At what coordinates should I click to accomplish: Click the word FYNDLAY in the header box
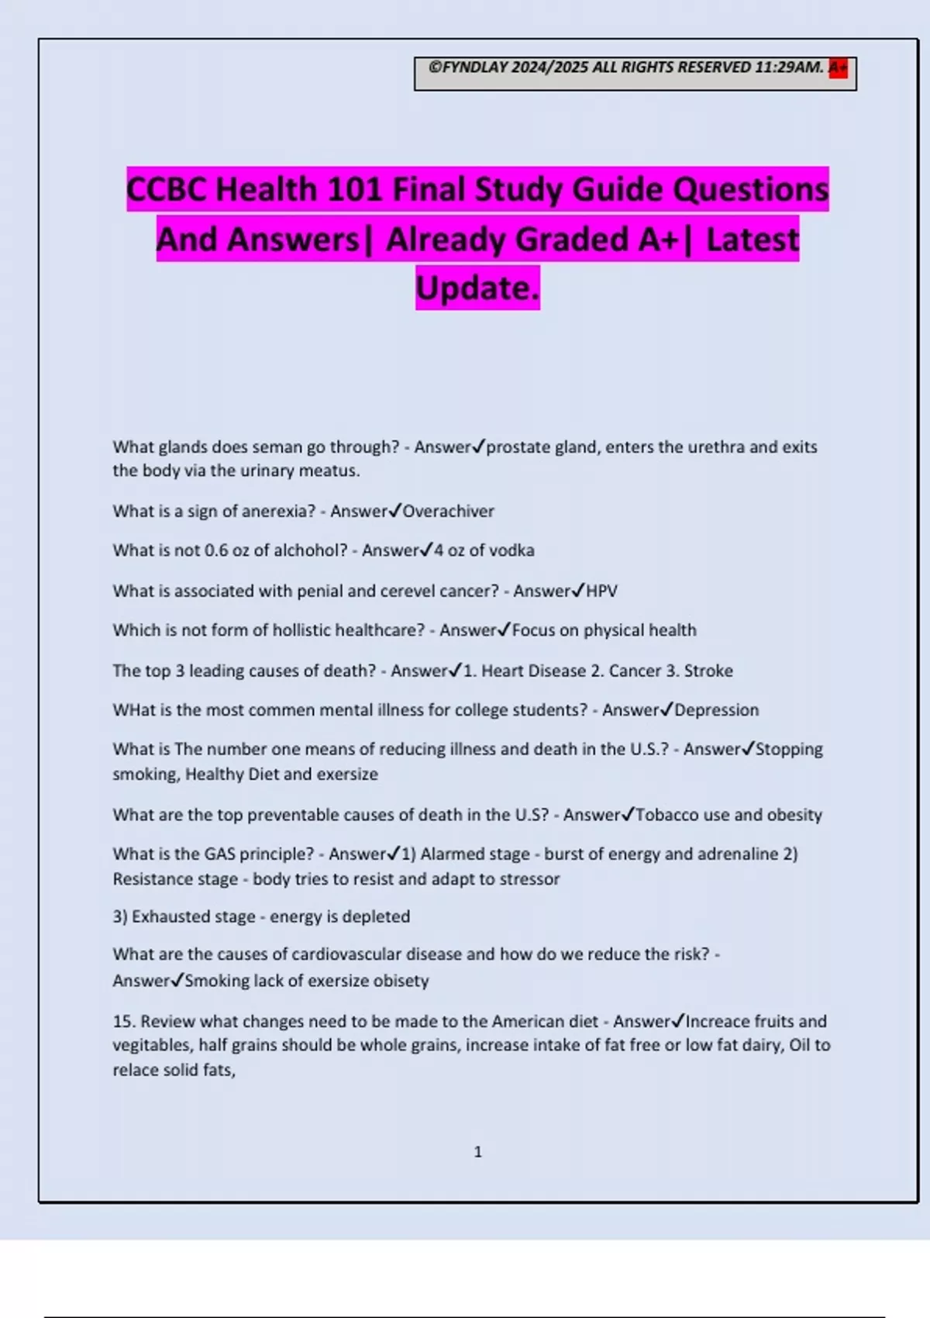pyautogui.click(x=474, y=67)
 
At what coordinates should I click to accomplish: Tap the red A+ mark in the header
pyautogui.click(x=838, y=68)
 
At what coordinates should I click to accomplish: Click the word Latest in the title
pyautogui.click(x=752, y=240)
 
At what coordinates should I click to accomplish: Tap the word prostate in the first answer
pyautogui.click(x=515, y=447)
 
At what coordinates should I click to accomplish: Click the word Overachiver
pyautogui.click(x=448, y=512)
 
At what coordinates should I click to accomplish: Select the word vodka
pyautogui.click(x=510, y=550)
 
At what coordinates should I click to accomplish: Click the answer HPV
pyautogui.click(x=601, y=592)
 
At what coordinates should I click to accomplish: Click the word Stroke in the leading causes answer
pyautogui.click(x=708, y=671)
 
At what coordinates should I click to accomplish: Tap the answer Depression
pyautogui.click(x=716, y=710)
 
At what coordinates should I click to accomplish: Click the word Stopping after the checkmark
pyautogui.click(x=789, y=750)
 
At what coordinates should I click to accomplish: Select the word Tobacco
pyautogui.click(x=666, y=815)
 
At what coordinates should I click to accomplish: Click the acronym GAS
pyautogui.click(x=219, y=854)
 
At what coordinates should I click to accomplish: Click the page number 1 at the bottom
pyautogui.click(x=477, y=1152)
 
